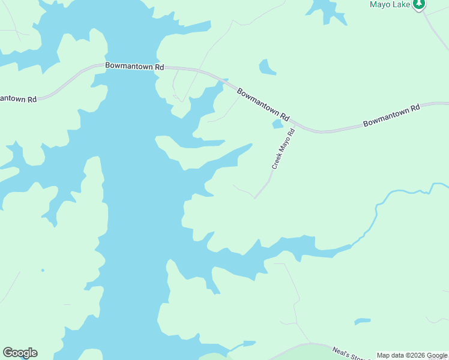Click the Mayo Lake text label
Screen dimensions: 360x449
point(389,4)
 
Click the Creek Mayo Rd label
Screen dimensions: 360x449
point(283,148)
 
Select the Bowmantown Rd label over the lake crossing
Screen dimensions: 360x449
point(134,67)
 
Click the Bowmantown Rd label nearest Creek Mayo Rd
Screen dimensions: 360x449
point(264,104)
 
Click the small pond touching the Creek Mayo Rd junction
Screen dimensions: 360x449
point(277,124)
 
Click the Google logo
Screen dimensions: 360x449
point(20,353)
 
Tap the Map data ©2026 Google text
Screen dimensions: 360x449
point(412,356)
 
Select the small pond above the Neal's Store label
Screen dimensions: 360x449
point(362,322)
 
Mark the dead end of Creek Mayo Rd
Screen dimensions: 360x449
point(255,198)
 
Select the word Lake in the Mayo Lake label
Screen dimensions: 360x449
point(401,4)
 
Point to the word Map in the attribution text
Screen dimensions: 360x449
point(384,356)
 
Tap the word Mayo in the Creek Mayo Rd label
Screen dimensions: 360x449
point(285,145)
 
